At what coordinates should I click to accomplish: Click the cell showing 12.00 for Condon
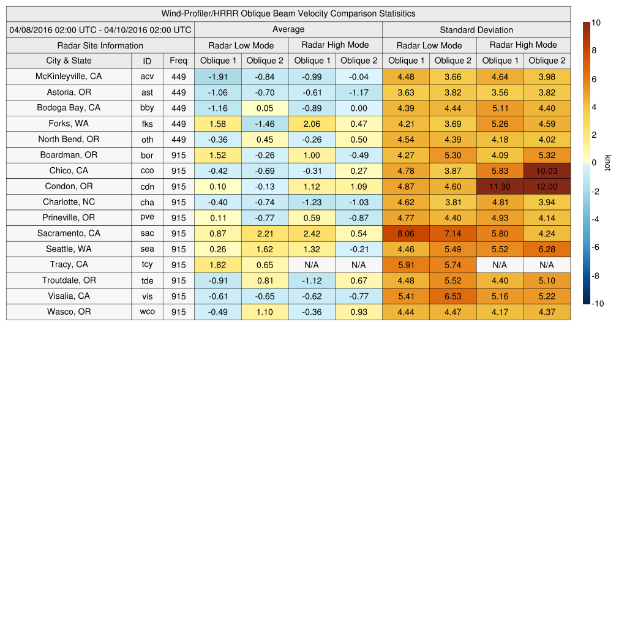click(x=547, y=187)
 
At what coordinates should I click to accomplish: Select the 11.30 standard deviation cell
click(x=500, y=187)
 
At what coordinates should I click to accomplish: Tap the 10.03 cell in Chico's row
click(x=547, y=171)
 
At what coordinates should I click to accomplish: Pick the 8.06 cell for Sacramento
click(x=405, y=233)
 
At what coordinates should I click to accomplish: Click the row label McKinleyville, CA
click(x=69, y=77)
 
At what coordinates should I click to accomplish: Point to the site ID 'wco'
click(x=147, y=312)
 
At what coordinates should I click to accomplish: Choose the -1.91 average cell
click(x=217, y=77)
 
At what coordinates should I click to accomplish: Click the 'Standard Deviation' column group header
click(x=476, y=30)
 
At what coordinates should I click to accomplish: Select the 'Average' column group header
click(x=288, y=29)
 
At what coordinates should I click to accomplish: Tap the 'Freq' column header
click(x=178, y=61)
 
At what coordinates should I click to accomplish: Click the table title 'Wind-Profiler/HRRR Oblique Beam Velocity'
click(x=288, y=13)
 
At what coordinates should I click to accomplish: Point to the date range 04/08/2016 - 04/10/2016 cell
click(x=100, y=29)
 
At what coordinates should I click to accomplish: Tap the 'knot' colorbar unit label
click(x=607, y=163)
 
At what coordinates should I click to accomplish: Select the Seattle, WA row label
click(x=69, y=249)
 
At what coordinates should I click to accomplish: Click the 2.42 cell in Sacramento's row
click(x=312, y=233)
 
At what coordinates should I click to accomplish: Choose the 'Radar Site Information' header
click(x=100, y=45)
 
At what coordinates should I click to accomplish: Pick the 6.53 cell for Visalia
click(x=452, y=296)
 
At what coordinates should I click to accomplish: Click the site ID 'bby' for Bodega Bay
click(x=147, y=108)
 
